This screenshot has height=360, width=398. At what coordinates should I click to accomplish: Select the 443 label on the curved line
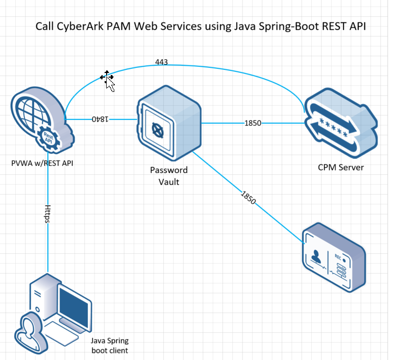pos(161,62)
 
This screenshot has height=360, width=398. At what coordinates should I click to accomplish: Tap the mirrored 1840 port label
pos(101,119)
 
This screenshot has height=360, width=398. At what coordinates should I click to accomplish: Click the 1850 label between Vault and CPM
pos(254,123)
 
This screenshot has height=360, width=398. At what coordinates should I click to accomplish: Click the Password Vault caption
pos(168,175)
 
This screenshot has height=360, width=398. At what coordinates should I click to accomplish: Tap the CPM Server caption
pos(341,167)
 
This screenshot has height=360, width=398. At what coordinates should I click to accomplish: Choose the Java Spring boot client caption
pos(109,345)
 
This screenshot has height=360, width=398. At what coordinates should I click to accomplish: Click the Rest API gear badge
pos(49,138)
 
